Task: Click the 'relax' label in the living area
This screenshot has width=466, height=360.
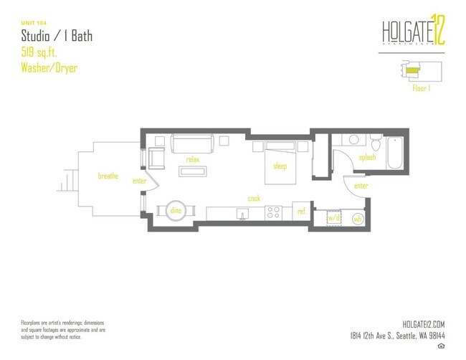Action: click(192, 159)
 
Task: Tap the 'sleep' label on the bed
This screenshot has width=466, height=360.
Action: click(280, 166)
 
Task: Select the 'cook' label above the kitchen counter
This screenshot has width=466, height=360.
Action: click(254, 198)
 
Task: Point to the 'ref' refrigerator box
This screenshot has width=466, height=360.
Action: click(302, 212)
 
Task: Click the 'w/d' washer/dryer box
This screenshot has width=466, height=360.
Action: click(333, 216)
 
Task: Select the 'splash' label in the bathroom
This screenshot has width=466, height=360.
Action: click(367, 157)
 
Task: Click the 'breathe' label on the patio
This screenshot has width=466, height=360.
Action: click(108, 175)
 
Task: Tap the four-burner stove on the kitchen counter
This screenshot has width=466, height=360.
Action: click(273, 212)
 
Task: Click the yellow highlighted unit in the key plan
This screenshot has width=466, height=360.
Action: click(412, 70)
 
